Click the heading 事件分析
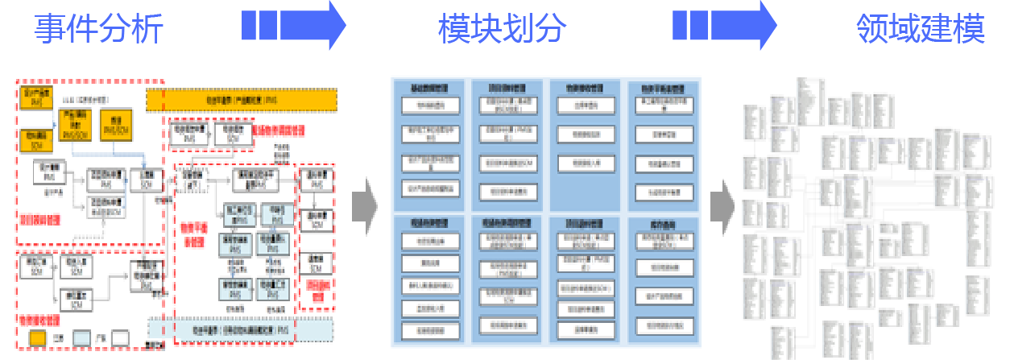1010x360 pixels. [98, 29]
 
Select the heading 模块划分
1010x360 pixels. [503, 29]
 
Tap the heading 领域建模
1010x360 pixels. [921, 29]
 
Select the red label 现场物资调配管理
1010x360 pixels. [279, 130]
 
